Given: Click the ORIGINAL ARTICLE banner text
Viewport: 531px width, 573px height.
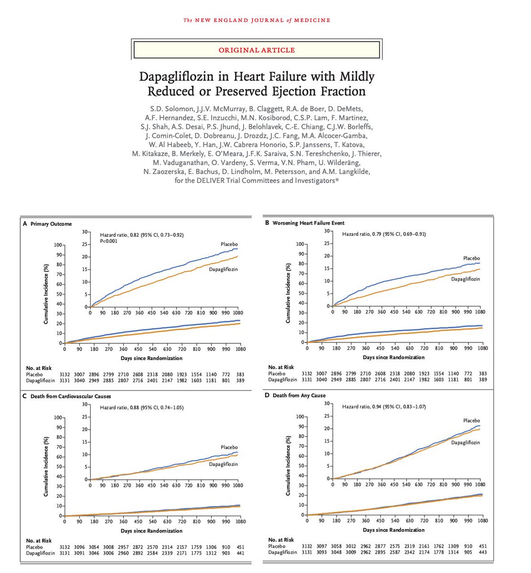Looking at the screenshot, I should [256, 50].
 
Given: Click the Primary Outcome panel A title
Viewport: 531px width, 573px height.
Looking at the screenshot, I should [51, 223].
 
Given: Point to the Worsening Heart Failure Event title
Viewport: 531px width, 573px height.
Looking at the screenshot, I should [308, 223].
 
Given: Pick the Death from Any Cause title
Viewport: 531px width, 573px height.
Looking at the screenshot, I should [299, 395].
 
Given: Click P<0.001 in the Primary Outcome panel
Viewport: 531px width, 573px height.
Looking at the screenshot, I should [109, 241].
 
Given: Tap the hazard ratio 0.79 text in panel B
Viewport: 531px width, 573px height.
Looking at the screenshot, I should [384, 234].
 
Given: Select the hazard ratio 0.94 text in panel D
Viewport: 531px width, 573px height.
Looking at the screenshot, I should [384, 407].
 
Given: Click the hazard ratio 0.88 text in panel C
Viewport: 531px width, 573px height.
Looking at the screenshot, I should [142, 407].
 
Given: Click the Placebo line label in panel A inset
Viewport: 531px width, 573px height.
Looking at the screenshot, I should [229, 244].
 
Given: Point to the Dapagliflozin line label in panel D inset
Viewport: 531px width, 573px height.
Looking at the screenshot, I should [466, 443].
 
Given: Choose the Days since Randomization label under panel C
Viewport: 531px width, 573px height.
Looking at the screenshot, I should [151, 531].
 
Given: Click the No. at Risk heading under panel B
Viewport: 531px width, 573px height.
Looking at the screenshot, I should [281, 367].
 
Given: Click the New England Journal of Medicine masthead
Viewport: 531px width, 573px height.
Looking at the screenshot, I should [257, 20].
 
